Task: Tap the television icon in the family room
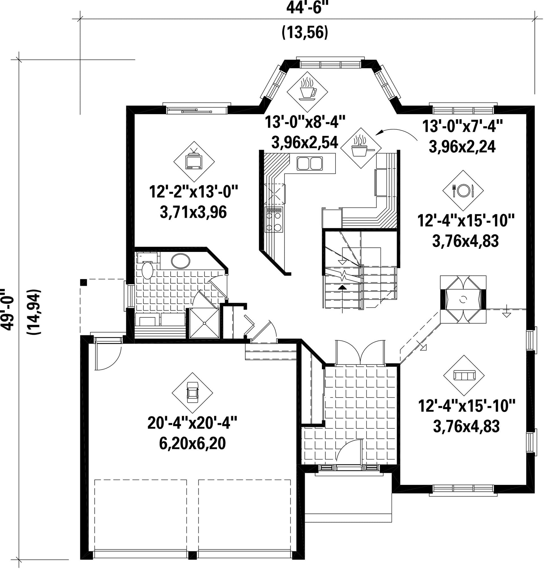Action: point(194,162)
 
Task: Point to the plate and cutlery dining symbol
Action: point(463,191)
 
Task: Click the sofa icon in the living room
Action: point(464,376)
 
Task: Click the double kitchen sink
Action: point(310,163)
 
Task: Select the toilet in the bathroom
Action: point(147,269)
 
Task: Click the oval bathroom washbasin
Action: point(181,261)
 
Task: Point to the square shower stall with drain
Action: point(204,323)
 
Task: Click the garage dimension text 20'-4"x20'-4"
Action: point(192,423)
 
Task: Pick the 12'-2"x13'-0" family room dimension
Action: point(193,192)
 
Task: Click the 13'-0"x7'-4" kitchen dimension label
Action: point(463,127)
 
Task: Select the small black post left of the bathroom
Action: point(84,282)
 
